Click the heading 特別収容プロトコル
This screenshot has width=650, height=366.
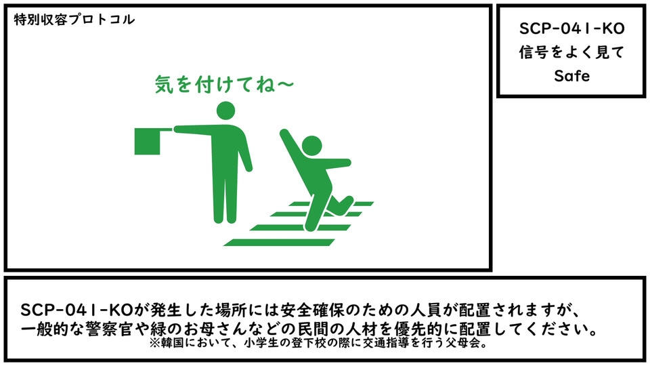74,20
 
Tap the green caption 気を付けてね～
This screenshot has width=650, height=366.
224,84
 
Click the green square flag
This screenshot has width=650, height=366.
148,141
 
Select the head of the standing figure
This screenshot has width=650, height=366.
225,110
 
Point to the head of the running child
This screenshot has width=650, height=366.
311,146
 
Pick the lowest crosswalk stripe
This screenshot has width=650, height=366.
279,243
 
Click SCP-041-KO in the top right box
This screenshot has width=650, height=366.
571,28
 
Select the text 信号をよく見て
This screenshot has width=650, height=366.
571,52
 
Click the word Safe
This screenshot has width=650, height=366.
571,76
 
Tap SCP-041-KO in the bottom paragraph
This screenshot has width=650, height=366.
77,310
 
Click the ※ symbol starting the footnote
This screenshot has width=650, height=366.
155,344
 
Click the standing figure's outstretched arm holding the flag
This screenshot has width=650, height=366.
193,131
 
